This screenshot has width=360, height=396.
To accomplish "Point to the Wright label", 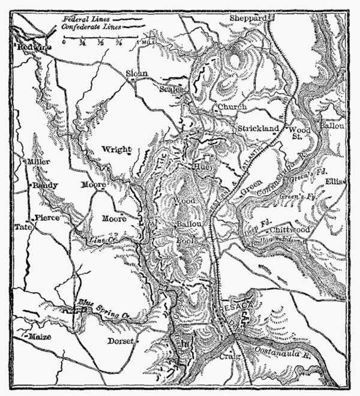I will [116, 149].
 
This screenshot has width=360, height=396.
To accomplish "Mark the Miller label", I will [38, 162].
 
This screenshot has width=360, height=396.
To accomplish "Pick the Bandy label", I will [46, 185].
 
